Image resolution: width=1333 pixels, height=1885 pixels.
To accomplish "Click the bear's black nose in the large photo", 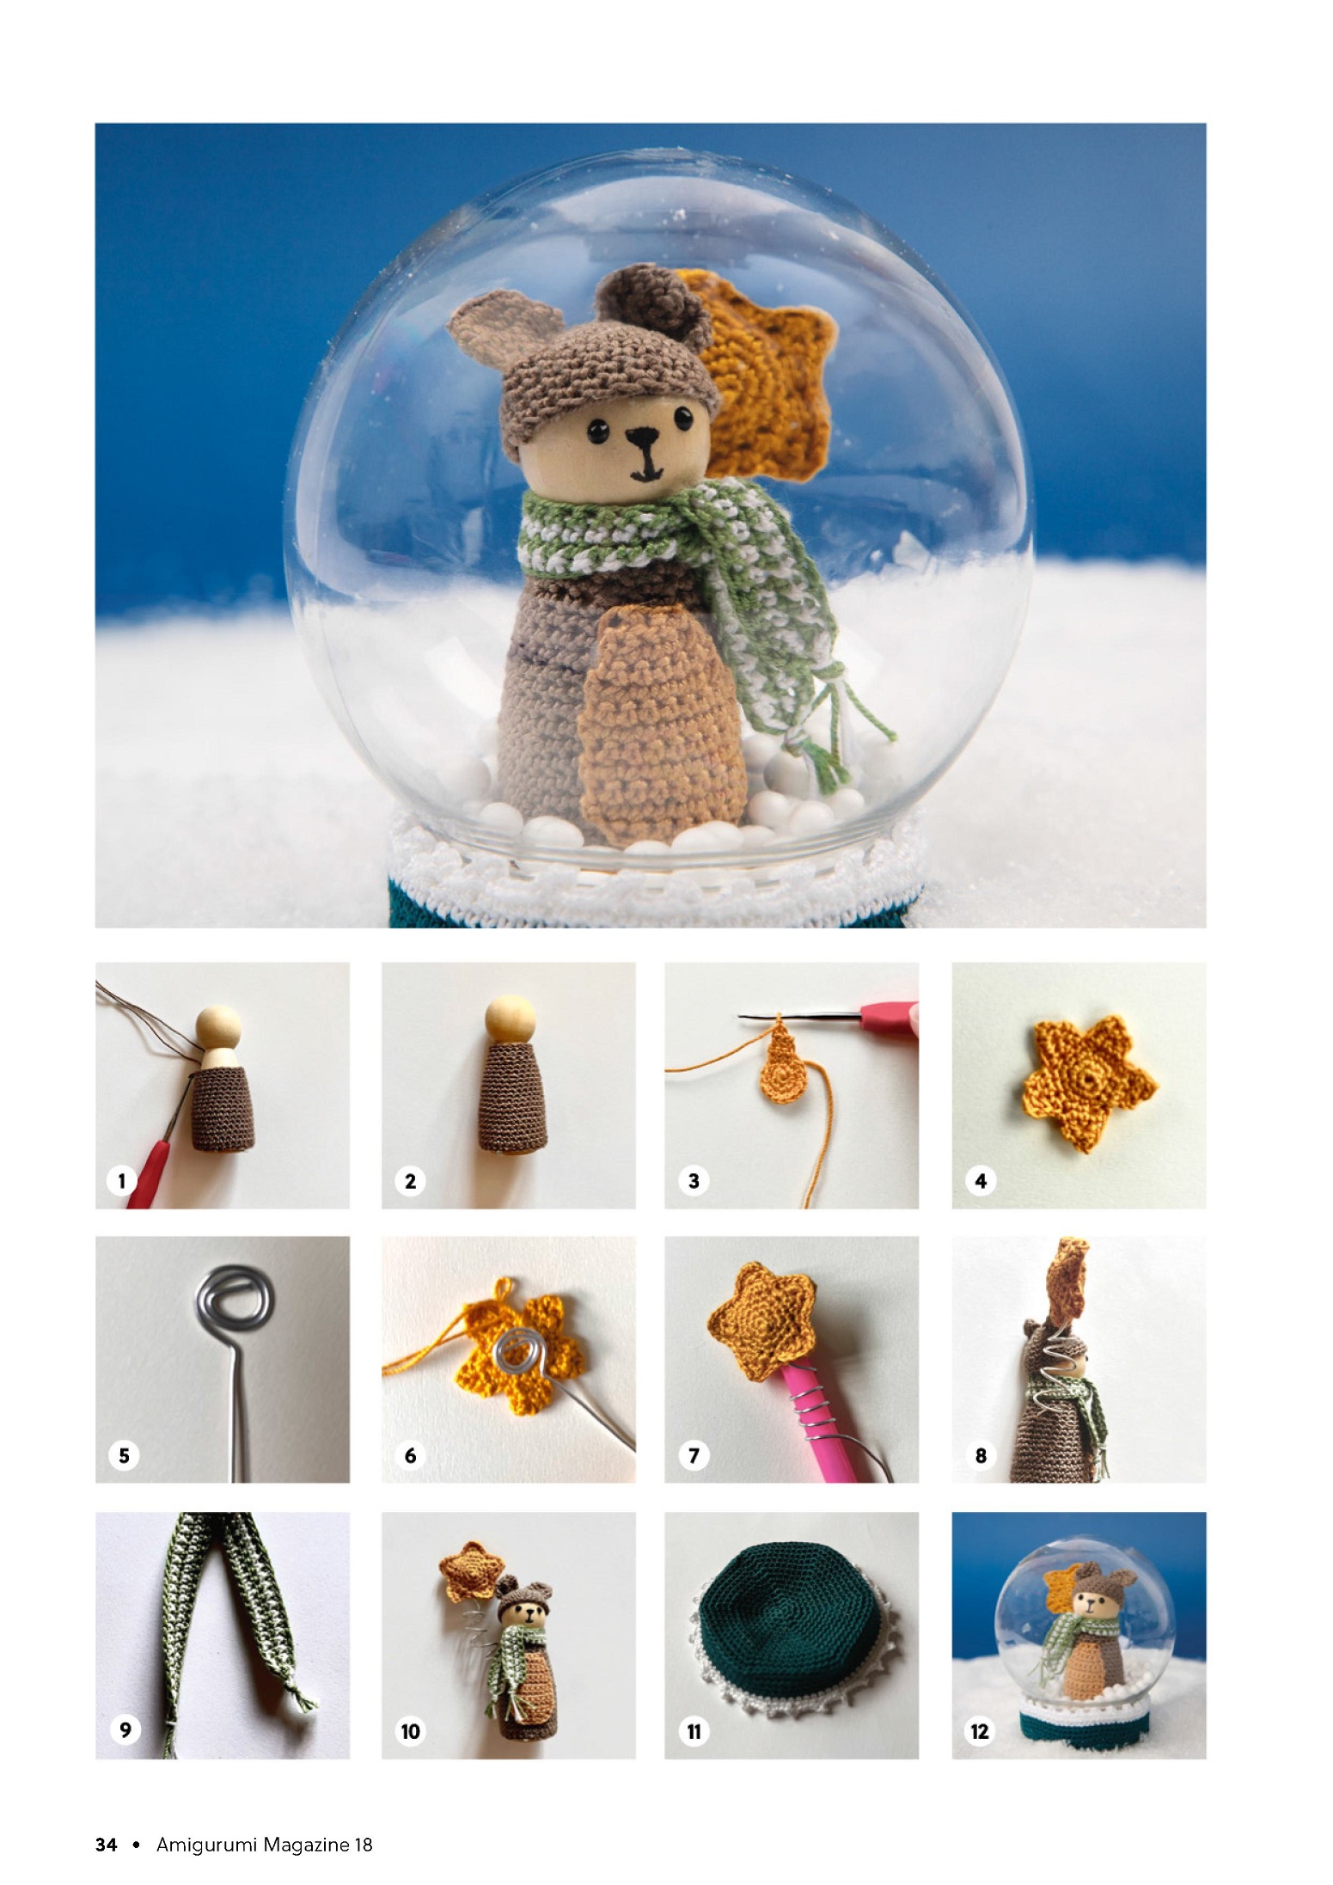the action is coord(638,441).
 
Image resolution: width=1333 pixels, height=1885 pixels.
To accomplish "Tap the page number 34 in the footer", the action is coord(106,1844).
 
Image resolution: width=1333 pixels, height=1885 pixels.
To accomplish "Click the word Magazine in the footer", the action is coord(306,1845).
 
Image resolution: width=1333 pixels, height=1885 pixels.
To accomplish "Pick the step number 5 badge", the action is coord(124,1455).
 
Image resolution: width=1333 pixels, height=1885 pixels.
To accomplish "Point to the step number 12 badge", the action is coord(980,1731).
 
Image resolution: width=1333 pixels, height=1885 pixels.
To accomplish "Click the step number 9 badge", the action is coord(125,1730).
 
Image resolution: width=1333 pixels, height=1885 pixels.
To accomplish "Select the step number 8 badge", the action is coord(981,1455).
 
